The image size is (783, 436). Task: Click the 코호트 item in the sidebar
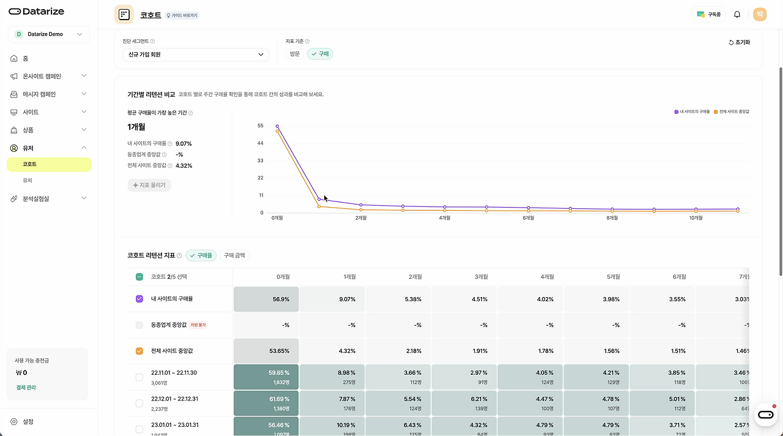(30, 164)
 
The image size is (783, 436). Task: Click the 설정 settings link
(28, 422)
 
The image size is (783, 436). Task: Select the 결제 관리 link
(26, 388)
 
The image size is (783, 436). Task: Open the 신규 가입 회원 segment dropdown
(196, 55)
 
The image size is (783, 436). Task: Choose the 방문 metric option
(295, 55)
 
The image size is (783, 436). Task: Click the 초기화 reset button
(739, 42)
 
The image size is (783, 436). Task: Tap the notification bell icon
(737, 15)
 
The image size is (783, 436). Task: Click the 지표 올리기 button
(149, 185)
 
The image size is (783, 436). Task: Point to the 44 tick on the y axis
(261, 143)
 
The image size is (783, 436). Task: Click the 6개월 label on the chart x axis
(528, 218)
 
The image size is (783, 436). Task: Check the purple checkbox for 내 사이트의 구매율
(139, 299)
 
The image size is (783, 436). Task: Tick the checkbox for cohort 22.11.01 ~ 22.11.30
(139, 377)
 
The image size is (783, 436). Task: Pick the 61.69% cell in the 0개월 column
(266, 404)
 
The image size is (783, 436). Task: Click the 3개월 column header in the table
(481, 277)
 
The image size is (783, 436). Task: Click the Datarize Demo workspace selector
(49, 34)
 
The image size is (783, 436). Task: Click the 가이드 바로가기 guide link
(182, 16)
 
